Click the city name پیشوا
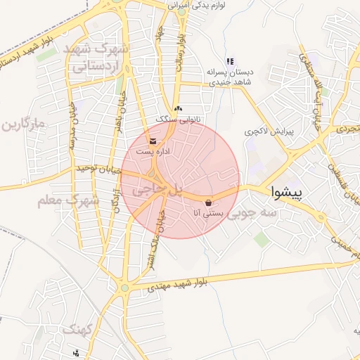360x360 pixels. [x=286, y=191]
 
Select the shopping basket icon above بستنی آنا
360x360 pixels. [x=208, y=202]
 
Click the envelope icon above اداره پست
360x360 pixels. [x=153, y=141]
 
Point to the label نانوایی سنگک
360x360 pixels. [x=179, y=120]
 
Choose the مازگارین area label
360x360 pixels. [x=22, y=126]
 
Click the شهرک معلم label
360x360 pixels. [x=68, y=201]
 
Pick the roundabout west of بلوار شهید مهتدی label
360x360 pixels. [x=124, y=287]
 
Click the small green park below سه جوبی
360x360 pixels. [x=262, y=239]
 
